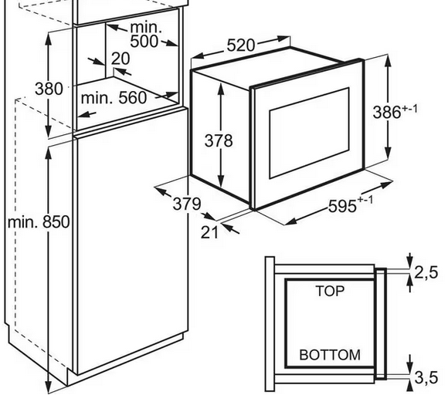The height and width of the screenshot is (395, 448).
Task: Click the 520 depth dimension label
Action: point(240,46)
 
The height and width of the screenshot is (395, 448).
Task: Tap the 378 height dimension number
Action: point(219,140)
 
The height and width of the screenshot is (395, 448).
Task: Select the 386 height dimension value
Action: point(387,112)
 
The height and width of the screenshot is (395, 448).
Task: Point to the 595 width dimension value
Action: point(343,206)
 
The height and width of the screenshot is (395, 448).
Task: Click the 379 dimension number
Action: point(187,204)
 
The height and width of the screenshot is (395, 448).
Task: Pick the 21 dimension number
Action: point(209,232)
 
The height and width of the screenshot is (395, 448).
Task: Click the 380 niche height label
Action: point(49,89)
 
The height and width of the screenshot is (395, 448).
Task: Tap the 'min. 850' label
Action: point(39,221)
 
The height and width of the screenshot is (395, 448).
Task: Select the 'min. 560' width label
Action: point(114,98)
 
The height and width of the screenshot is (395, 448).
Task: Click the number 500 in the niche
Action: point(144,41)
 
